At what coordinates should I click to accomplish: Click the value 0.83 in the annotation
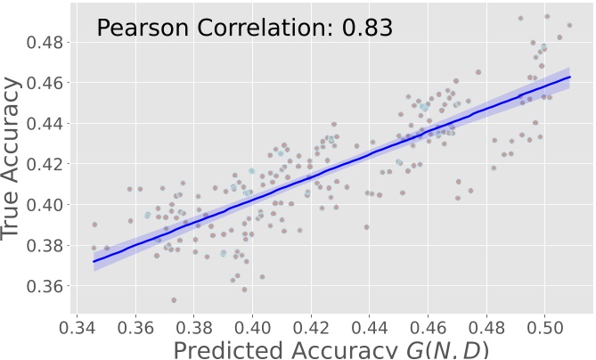pos(367,28)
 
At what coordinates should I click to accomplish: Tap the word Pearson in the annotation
pos(138,28)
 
